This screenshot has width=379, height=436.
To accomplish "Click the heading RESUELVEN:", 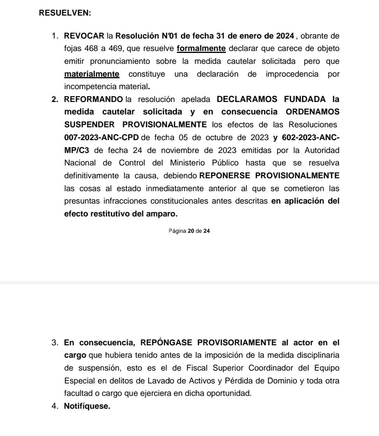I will pos(65,13).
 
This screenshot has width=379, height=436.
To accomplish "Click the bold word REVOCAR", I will pos(84,36).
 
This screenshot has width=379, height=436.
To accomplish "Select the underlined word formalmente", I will pos(201,49).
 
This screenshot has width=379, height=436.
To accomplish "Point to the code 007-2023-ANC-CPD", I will pos(101,137).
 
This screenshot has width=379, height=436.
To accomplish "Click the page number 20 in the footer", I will pos(190,231).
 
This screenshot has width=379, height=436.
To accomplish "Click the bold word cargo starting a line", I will pos(75,355).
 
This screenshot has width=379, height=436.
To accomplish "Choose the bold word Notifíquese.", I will pos(87,406).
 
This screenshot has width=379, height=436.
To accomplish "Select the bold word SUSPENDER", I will pos(89,125).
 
